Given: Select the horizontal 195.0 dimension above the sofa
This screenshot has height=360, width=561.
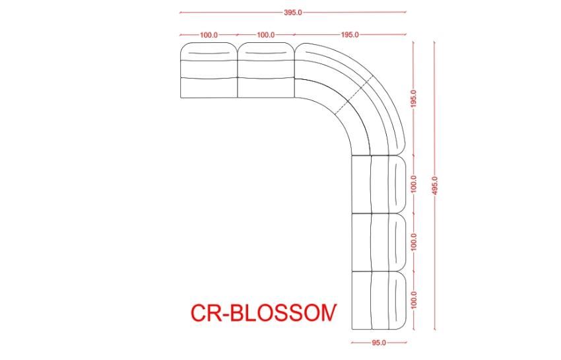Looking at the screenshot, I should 350,34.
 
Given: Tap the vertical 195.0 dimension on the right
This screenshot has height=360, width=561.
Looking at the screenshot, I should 414,99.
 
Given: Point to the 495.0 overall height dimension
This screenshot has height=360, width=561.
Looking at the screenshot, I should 434,185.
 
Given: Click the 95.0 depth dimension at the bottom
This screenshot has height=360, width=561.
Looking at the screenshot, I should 379,343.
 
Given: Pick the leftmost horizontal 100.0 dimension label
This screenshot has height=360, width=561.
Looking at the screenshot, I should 209,34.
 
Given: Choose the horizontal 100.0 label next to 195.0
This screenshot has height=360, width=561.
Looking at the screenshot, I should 266,34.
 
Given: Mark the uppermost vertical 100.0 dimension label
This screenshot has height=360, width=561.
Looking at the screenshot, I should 414,184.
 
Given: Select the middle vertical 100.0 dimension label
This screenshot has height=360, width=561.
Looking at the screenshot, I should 414,242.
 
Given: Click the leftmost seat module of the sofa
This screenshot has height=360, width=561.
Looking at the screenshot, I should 207,71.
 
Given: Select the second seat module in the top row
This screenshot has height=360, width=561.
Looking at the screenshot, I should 265,71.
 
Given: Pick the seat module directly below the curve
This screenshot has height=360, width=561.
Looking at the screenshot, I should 378,184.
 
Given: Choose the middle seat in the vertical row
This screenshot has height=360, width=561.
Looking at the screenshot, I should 378,242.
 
